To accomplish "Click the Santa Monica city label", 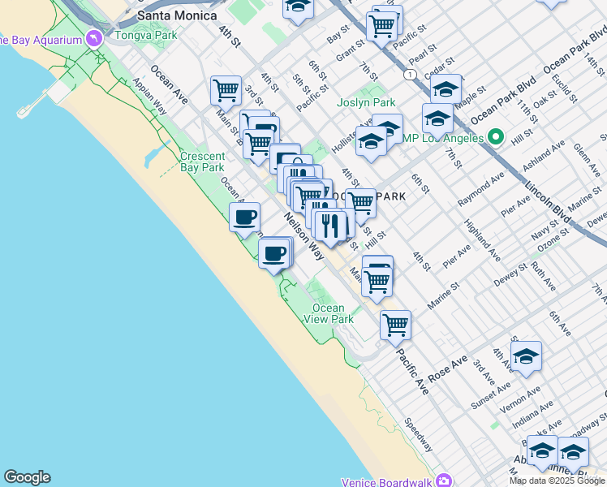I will [x=177, y=15].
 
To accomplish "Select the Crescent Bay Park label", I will [x=202, y=162].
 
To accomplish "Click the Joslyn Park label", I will [x=367, y=102].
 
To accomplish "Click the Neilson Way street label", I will [x=303, y=235].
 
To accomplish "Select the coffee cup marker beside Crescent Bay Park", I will [x=244, y=217].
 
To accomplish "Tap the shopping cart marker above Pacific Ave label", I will [x=395, y=323].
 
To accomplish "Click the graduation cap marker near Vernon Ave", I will [x=526, y=356].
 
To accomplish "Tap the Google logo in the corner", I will [x=27, y=477].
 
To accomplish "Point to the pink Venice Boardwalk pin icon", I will [x=441, y=480].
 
